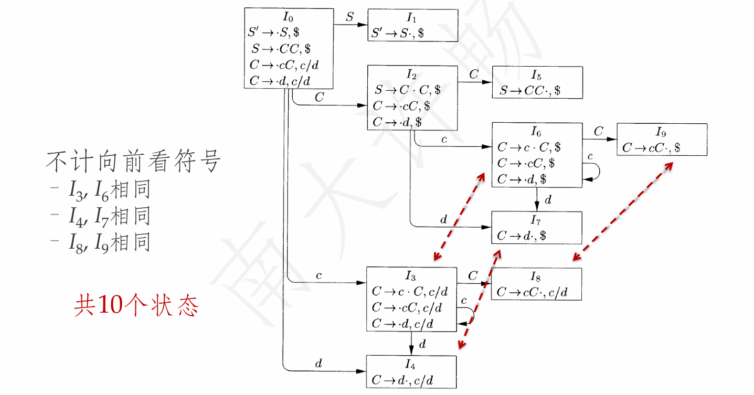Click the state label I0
click(288, 16)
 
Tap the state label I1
click(412, 17)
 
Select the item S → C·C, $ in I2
click(408, 90)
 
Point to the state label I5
click(537, 75)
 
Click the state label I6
click(537, 132)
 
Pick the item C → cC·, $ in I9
click(651, 148)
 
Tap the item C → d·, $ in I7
click(522, 236)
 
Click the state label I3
click(410, 276)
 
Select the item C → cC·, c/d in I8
click(532, 292)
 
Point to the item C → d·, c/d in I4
click(402, 380)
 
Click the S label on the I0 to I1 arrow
click(350, 16)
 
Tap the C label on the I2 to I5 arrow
click(474, 74)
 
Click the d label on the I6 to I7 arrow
click(548, 200)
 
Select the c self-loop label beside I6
click(590, 156)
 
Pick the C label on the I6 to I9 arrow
click(599, 131)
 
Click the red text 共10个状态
click(136, 305)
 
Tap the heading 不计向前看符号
click(133, 162)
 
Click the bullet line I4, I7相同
click(109, 216)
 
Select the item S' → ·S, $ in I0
click(274, 33)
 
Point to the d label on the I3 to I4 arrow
click(422, 344)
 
